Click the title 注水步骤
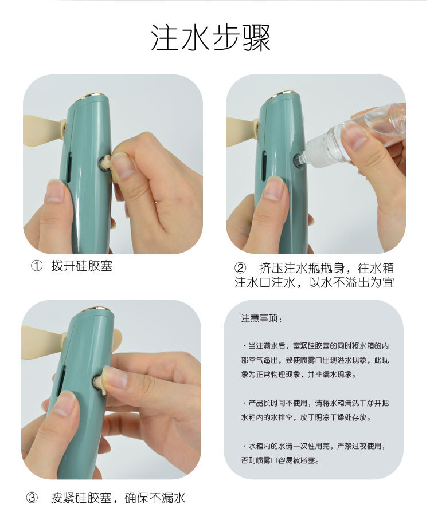(x=211, y=37)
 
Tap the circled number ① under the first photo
(x=37, y=266)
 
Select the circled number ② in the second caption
(x=240, y=268)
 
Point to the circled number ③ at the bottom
(x=32, y=498)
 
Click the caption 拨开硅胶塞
(x=82, y=266)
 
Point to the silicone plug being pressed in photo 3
(x=100, y=383)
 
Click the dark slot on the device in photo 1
(x=69, y=167)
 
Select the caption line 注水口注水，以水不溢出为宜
(x=314, y=283)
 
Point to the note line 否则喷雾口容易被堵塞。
(x=280, y=460)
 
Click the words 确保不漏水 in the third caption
(x=155, y=498)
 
